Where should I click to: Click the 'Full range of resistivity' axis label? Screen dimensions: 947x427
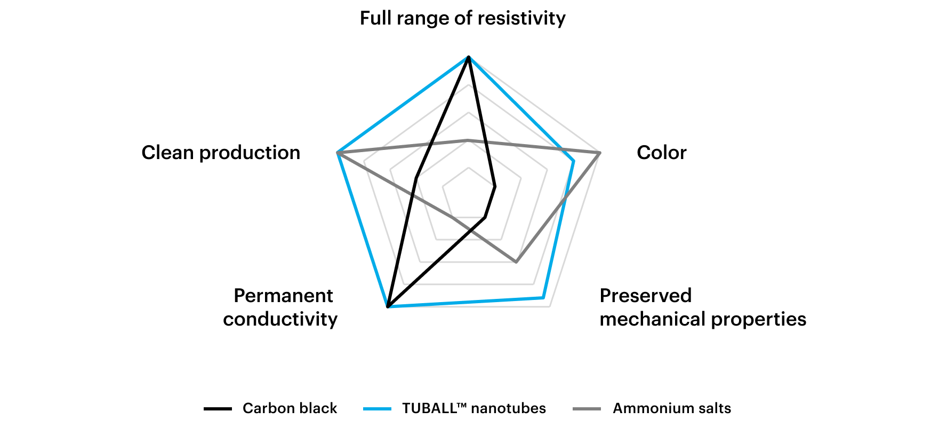[x=462, y=18]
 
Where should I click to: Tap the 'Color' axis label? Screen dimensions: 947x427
[x=661, y=153]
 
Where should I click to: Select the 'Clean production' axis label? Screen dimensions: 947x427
[x=221, y=153]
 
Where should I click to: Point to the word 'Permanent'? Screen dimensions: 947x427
[x=283, y=295]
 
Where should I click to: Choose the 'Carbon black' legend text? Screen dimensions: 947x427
[x=290, y=408]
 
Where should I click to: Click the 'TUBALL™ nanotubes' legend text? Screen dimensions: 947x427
[x=474, y=408]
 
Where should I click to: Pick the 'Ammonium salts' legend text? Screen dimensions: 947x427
[x=672, y=408]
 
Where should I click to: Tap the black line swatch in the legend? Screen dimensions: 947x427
[x=218, y=409]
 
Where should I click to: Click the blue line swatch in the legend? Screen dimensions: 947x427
[x=377, y=409]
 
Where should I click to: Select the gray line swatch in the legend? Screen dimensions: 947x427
[x=587, y=409]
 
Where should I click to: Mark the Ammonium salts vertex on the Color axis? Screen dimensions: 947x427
[x=600, y=153]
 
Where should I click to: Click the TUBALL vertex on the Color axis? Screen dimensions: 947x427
[x=574, y=161]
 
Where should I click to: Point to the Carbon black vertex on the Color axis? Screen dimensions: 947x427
[x=495, y=186]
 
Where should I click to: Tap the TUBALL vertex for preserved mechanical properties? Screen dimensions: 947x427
[x=543, y=297]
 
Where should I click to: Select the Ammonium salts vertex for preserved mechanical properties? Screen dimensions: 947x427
[x=516, y=262]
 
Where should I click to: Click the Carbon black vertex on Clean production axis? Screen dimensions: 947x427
[x=415, y=178]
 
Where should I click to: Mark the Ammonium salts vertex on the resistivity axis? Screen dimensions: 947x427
[x=468, y=140]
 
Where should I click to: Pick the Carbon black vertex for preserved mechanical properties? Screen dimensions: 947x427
[x=485, y=217]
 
